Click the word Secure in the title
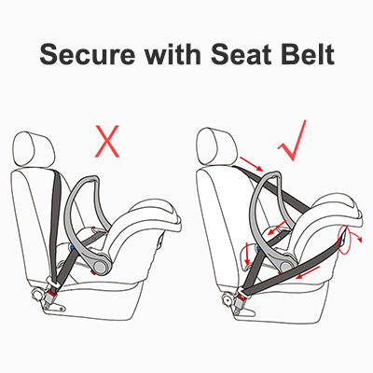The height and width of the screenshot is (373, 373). coord(88,54)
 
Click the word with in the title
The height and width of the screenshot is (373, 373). coord(172,53)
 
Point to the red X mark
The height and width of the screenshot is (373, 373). coord(107,141)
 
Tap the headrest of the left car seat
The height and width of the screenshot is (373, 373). coord(35,150)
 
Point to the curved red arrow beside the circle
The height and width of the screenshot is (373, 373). coord(356,238)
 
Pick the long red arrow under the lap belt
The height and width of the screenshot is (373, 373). coord(308,272)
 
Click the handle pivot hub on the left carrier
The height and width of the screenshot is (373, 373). coord(100,267)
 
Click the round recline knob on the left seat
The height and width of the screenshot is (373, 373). coord(38,295)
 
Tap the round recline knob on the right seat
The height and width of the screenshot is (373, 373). coord(227,300)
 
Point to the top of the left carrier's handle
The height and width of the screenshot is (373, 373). coord(90,179)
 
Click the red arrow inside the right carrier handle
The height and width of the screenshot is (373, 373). coord(278,228)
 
